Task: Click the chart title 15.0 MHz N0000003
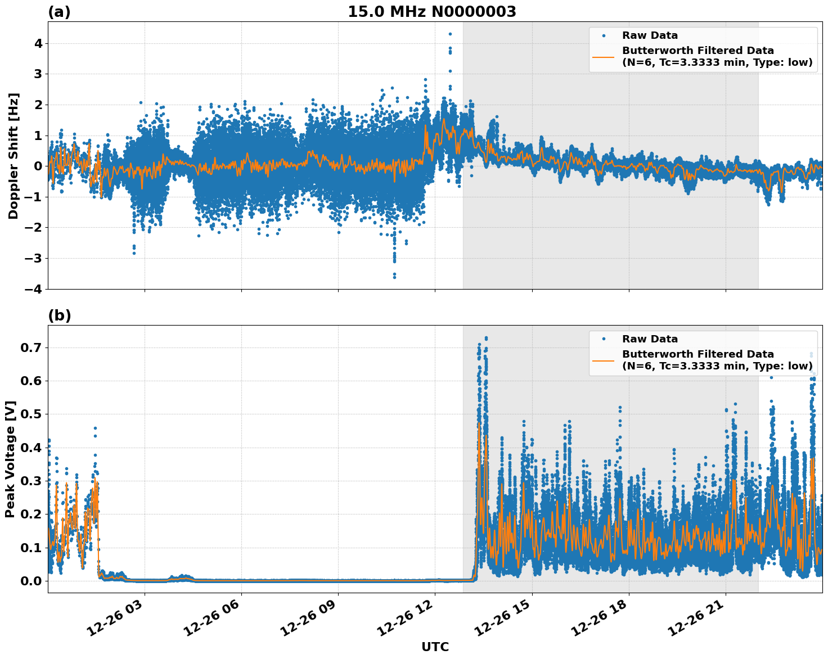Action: click(431, 12)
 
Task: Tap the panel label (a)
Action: click(59, 12)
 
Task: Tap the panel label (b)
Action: click(59, 315)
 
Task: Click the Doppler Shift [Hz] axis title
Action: click(13, 156)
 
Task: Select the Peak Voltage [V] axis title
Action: click(10, 459)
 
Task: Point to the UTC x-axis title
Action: click(435, 647)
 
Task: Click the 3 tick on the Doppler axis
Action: click(38, 74)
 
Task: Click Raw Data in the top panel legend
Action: click(650, 35)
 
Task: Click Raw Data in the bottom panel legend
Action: click(650, 339)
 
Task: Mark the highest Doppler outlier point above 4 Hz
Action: click(450, 34)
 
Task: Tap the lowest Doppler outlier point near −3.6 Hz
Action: click(394, 277)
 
